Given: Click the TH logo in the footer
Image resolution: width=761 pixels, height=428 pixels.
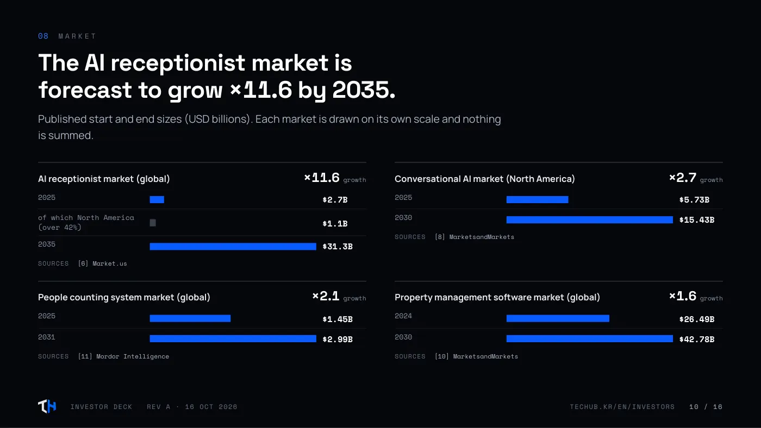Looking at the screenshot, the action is (47, 406).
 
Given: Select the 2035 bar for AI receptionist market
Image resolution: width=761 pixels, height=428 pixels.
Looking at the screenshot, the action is (233, 247).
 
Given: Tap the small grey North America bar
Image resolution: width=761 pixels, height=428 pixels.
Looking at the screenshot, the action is (153, 223).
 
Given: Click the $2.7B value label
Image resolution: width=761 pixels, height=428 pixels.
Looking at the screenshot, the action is (335, 199).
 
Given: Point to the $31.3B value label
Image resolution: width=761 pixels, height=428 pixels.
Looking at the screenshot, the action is (338, 247).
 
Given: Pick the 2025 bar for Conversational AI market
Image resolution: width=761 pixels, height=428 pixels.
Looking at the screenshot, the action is (537, 199).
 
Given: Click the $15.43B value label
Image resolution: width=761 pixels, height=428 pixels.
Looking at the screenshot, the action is (696, 220).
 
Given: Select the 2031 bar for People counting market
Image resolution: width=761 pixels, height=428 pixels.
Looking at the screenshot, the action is (233, 339).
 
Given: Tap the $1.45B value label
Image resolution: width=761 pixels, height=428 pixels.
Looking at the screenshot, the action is (338, 319).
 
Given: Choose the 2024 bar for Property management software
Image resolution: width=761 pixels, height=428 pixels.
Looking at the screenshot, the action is (558, 318).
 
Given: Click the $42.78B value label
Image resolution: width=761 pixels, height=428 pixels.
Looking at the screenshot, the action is (696, 339).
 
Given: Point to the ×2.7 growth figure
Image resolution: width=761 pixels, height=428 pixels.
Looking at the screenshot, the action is (683, 178).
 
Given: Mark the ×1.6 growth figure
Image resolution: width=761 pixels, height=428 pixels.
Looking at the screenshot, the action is (683, 296).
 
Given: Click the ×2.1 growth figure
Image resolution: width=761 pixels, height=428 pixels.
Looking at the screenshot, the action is (326, 296).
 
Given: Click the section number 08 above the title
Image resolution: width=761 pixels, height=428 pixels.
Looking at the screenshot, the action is (43, 36).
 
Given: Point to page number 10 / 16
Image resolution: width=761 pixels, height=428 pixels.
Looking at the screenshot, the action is (706, 407).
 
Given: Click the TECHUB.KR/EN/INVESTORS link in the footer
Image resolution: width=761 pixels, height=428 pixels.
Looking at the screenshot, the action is (622, 407).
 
